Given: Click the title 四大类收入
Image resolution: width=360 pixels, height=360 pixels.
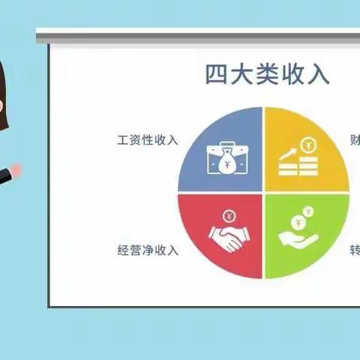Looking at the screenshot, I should click(x=267, y=76).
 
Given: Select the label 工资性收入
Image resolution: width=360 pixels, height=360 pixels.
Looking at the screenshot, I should click(x=148, y=140).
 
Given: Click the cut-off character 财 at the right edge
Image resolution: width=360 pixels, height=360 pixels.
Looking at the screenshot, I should click(x=355, y=140).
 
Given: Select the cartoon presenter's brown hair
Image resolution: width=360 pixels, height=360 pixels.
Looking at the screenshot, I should click(x=6, y=82).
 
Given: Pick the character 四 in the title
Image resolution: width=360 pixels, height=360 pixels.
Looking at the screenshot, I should click(x=217, y=76).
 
